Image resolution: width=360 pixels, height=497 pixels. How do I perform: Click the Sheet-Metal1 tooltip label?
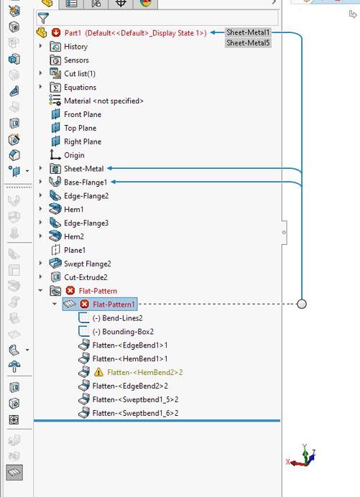[248, 32]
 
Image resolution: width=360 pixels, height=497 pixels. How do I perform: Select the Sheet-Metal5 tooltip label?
[248, 43]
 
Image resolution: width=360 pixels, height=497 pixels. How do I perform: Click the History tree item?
[75, 47]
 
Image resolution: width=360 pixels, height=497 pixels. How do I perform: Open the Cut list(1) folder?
[79, 74]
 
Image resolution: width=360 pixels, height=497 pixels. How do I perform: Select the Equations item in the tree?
[80, 88]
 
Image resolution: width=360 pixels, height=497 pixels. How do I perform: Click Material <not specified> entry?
[103, 101]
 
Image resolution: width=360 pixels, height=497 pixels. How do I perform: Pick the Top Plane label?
[80, 128]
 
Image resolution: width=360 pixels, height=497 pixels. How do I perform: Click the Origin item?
[74, 155]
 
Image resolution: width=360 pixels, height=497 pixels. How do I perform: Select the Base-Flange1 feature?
[86, 182]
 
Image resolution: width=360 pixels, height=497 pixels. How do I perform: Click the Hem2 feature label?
[73, 236]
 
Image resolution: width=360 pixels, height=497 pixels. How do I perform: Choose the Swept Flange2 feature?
[87, 264]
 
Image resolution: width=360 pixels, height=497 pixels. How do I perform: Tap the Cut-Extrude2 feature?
[86, 277]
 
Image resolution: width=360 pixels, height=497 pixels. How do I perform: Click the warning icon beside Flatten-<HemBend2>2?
[98, 372]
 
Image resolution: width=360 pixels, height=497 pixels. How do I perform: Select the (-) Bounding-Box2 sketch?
[123, 332]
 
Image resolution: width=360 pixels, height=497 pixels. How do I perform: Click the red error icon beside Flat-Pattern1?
[84, 305]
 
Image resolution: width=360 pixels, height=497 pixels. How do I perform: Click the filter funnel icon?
[43, 19]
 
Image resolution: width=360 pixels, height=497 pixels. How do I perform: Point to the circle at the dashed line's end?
[302, 304]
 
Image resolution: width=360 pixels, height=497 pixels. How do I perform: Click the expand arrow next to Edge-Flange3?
[41, 223]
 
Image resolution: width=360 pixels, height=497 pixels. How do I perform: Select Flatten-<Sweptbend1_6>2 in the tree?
[135, 413]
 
